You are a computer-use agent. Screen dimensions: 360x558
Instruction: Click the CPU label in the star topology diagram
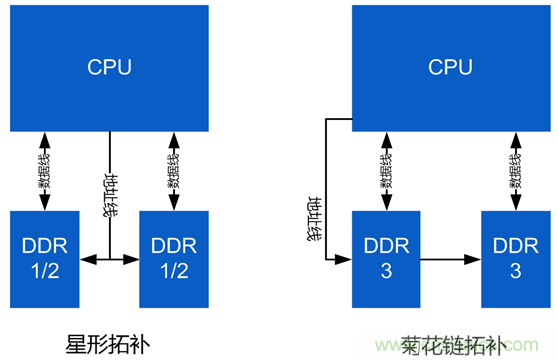click(x=109, y=67)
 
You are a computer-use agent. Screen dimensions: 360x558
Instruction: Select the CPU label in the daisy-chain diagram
click(x=449, y=67)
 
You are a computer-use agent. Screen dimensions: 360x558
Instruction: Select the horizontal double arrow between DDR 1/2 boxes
click(x=109, y=259)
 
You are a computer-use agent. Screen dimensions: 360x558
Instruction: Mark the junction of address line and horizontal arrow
click(x=109, y=259)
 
